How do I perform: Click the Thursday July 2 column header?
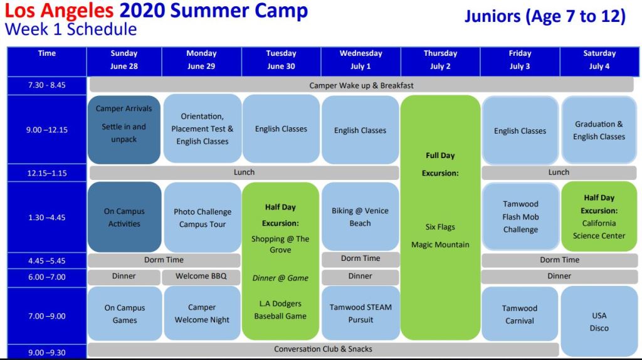440,60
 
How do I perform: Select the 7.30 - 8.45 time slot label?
46,85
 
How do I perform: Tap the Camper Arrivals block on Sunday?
124,130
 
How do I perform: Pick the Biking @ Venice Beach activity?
360,216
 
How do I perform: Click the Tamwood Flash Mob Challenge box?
520,216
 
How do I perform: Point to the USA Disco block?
599,322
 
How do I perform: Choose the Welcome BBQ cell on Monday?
201,277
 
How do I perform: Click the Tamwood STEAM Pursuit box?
360,314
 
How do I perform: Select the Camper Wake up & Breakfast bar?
361,85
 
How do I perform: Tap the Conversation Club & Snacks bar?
323,349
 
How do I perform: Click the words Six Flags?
440,227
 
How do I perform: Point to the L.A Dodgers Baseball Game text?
280,310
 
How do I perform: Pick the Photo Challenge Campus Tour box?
203,218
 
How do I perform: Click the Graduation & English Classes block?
599,130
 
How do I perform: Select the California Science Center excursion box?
599,216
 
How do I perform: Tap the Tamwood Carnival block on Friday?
520,314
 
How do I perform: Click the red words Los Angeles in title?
59,11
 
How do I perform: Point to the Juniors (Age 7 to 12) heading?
545,16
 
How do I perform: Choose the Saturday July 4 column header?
599,60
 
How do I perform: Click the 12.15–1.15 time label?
46,173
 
